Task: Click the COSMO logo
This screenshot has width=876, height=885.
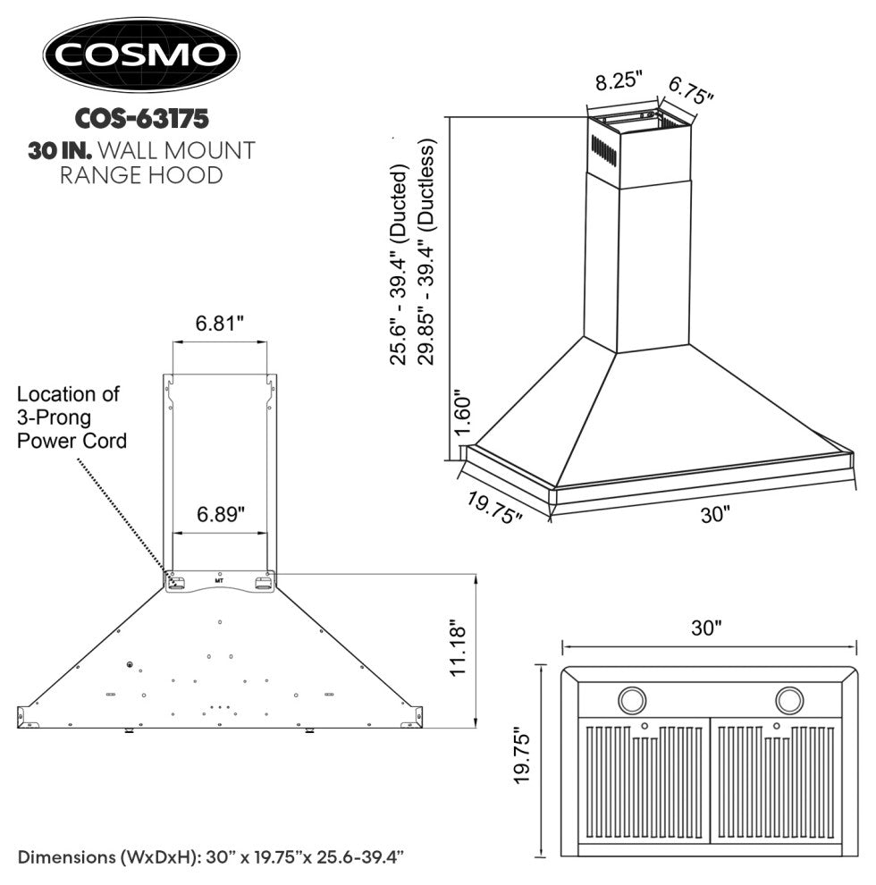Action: coord(142,55)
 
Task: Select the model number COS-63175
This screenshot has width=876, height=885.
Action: coord(142,117)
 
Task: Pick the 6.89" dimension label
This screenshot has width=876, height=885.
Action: coord(220,514)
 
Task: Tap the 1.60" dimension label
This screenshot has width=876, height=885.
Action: coord(460,415)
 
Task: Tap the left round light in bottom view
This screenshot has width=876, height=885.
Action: coord(634,698)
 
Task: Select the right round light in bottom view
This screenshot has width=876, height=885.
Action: coord(790,698)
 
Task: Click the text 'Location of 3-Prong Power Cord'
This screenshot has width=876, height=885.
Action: coord(72,417)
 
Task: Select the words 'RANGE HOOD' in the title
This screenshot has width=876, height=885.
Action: coord(141,175)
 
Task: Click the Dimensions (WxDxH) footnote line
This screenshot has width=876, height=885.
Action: coord(212,857)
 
